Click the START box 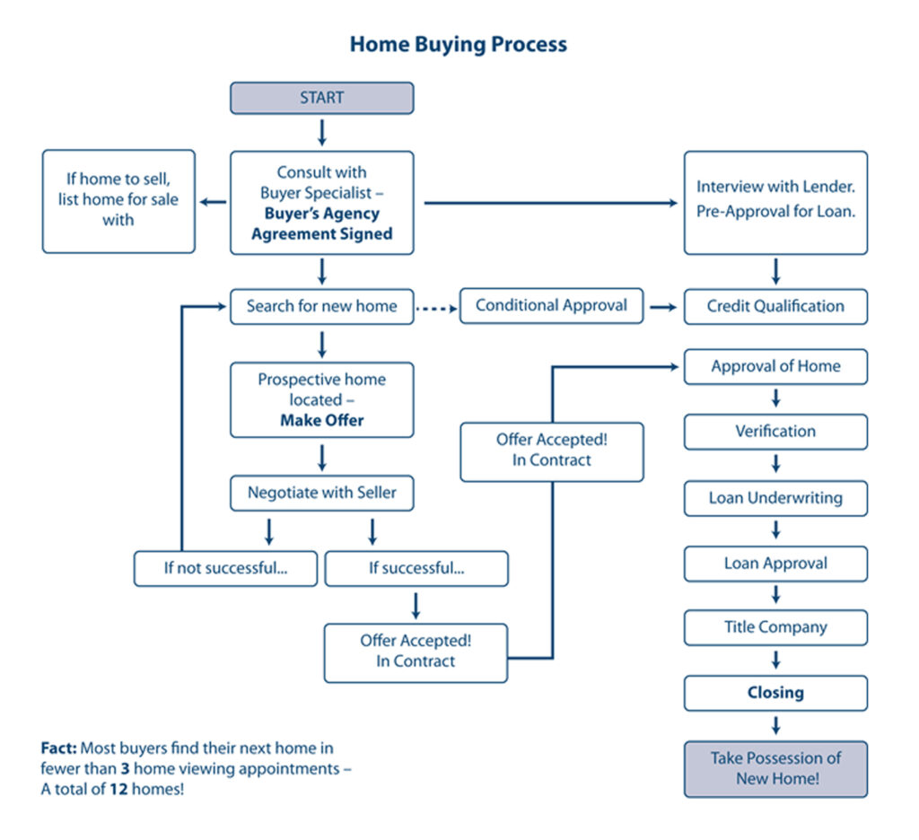coord(322,98)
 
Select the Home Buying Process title coord(458,44)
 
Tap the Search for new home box coord(322,306)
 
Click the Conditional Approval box coord(551,305)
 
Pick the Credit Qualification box coord(775,306)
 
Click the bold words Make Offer coord(322,420)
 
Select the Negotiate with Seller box coord(322,492)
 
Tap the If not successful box coord(225,569)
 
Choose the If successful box coord(416,569)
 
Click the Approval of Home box coord(775,366)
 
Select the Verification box coord(775,432)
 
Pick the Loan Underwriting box coord(775,498)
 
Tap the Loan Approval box coord(775,564)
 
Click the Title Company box coord(775,627)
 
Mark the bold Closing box coord(775,693)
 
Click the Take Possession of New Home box coord(775,768)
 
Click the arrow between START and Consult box coord(322,132)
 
